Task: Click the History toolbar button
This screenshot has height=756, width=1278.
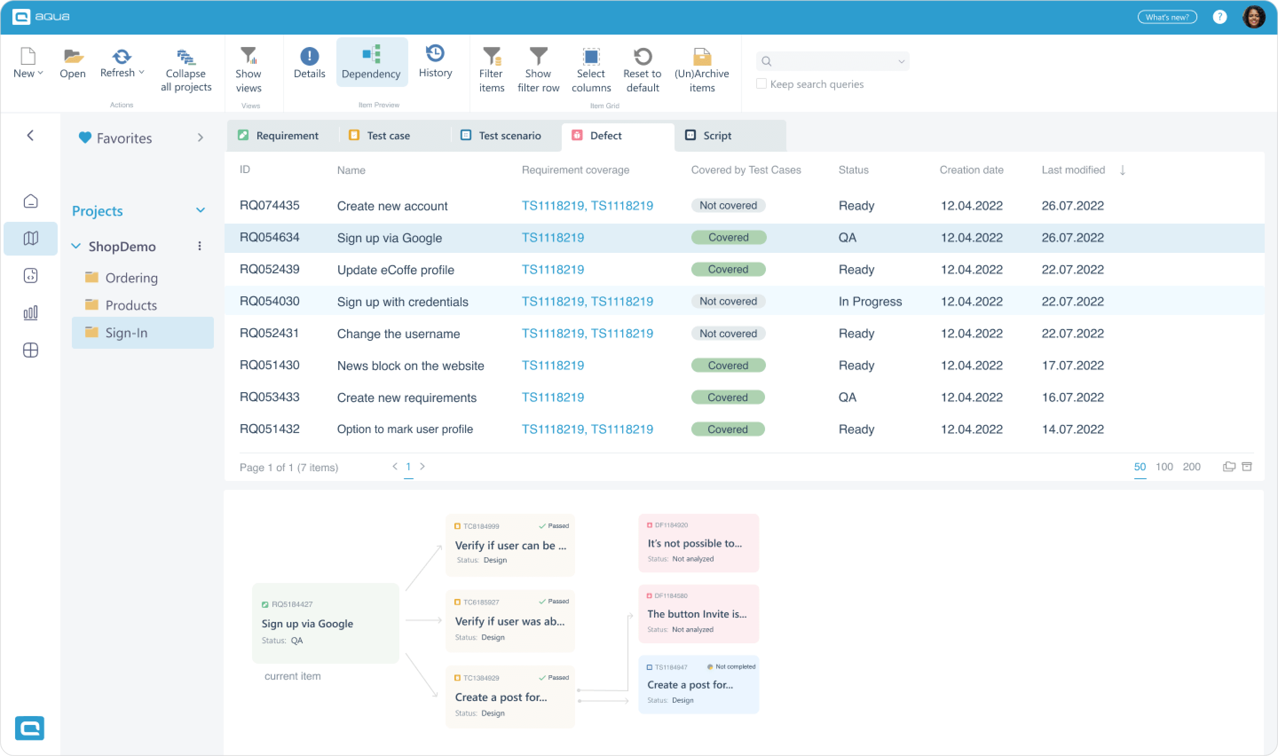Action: click(x=435, y=62)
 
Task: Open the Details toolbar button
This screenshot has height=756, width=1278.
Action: click(x=309, y=63)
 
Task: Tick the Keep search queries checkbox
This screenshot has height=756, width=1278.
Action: click(x=761, y=84)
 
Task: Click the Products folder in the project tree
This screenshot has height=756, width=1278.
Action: click(x=131, y=305)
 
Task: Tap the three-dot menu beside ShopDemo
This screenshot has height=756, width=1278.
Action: click(x=200, y=247)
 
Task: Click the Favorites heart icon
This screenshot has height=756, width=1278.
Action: click(x=85, y=138)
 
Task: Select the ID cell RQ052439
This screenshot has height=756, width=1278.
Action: click(x=269, y=269)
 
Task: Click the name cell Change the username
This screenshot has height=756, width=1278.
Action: click(x=398, y=334)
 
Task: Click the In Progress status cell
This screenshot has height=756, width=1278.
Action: click(x=870, y=302)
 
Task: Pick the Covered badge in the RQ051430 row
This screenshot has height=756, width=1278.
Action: click(x=728, y=365)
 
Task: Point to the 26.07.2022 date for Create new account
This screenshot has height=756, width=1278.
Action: click(x=1073, y=206)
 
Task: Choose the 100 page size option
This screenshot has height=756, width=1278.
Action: click(x=1164, y=467)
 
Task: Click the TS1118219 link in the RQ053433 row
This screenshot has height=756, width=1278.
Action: click(x=552, y=398)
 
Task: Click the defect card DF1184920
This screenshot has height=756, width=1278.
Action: click(x=698, y=543)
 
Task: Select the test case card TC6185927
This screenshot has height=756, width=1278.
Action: click(x=510, y=621)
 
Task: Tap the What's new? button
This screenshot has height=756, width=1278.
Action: click(x=1167, y=17)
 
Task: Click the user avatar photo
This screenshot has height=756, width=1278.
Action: click(x=1254, y=17)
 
